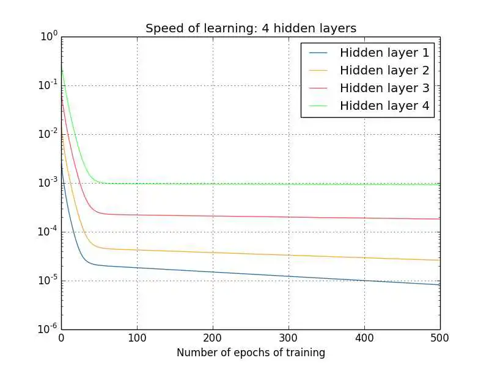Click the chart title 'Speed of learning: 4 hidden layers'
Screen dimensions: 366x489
(x=251, y=29)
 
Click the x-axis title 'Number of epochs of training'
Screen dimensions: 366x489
(x=251, y=353)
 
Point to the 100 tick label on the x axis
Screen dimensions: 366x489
(x=137, y=337)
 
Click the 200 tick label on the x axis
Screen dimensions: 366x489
(x=213, y=337)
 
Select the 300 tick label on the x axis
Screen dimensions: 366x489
(x=289, y=337)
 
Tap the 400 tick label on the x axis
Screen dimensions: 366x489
(x=364, y=337)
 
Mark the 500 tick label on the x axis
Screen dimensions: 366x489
(x=439, y=337)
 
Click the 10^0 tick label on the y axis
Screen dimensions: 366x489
(x=49, y=37)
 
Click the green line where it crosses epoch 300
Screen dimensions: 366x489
(x=289, y=184)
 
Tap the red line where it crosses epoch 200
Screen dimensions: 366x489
(x=213, y=216)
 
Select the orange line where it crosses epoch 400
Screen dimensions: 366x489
(x=364, y=257)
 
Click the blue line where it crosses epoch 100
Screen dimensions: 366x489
(x=137, y=268)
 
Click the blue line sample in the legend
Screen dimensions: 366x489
(x=319, y=52)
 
